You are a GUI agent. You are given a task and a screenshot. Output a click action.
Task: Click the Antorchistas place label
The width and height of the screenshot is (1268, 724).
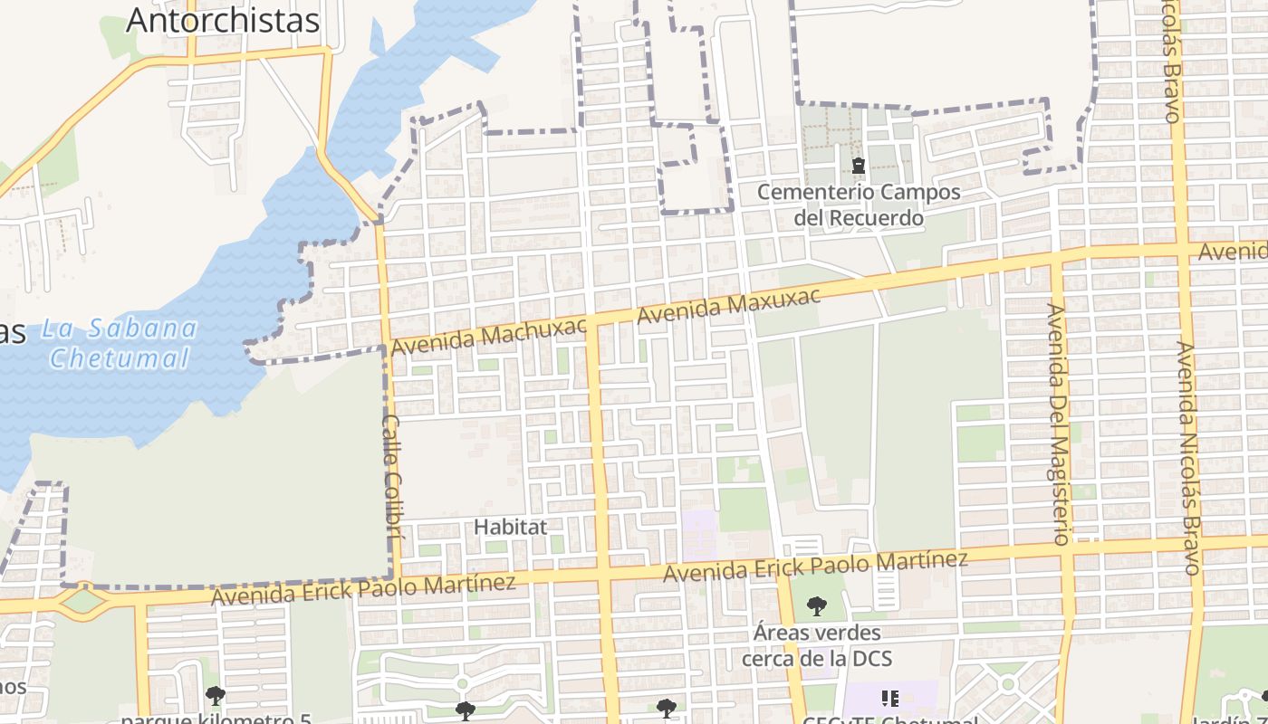(x=223, y=20)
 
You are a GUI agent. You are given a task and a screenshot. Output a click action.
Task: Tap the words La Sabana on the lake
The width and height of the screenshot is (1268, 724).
(x=120, y=328)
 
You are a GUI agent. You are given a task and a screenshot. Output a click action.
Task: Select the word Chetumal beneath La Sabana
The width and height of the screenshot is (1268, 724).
(x=120, y=358)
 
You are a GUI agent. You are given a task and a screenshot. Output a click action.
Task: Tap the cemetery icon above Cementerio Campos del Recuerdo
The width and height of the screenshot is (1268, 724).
(x=858, y=166)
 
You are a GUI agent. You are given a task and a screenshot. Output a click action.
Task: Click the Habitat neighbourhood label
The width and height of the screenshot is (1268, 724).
(x=511, y=526)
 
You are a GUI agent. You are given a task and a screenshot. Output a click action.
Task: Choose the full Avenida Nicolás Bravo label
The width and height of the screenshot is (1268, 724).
(x=1189, y=457)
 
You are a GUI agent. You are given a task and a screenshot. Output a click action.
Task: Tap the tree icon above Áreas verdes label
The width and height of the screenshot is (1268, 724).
(x=817, y=605)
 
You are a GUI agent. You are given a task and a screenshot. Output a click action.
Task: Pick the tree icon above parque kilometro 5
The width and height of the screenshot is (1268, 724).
(x=216, y=696)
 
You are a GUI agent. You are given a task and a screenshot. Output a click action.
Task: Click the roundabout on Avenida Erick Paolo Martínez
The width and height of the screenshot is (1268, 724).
(x=83, y=599)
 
